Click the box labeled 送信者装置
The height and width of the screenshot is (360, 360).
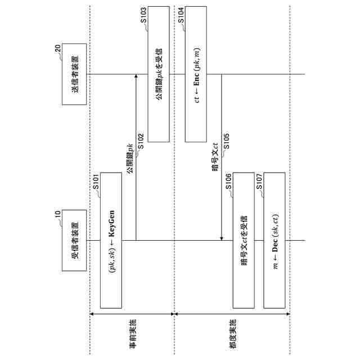pos(75,74)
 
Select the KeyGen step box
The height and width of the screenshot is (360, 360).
pos(111,240)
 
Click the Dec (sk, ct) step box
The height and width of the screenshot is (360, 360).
pos(275,240)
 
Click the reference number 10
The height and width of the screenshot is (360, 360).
pos(57,214)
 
